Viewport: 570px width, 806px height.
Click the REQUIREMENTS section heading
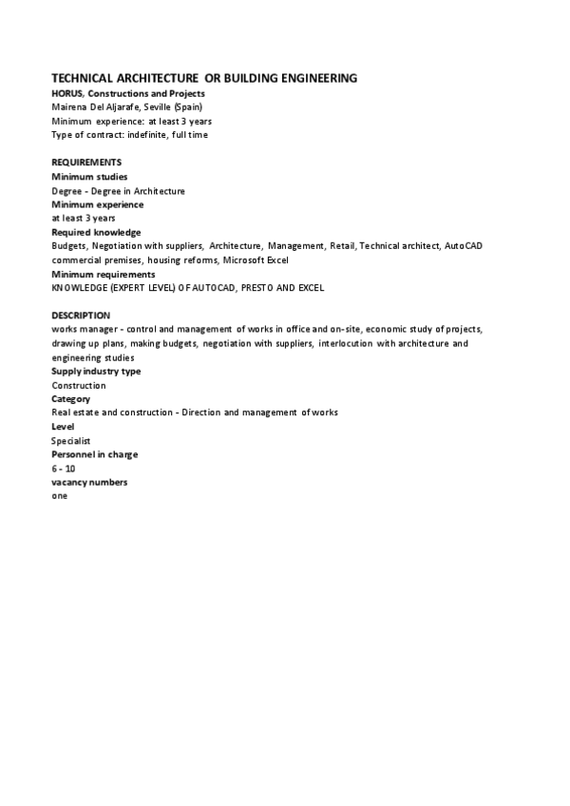86,163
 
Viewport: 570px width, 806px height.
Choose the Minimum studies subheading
90,177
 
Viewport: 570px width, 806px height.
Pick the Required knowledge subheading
96,232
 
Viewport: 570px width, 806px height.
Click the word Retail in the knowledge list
342,246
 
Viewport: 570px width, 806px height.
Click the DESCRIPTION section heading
81,315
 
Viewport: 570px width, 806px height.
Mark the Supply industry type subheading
96,371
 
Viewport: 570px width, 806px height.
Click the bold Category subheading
71,399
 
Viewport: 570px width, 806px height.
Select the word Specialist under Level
72,441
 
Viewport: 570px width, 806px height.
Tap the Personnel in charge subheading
94,454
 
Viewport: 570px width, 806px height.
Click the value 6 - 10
63,469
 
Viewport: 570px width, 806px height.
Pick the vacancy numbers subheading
89,482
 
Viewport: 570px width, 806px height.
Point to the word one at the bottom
60,496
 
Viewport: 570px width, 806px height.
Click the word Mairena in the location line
69,107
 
